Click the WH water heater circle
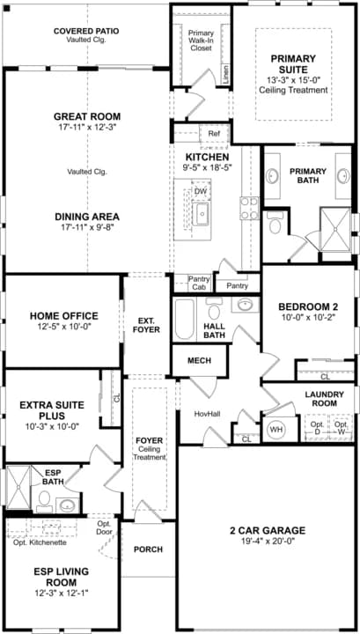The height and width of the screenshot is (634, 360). pyautogui.click(x=276, y=430)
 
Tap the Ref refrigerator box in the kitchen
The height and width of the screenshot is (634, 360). pyautogui.click(x=214, y=134)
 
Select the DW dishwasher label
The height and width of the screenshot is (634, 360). pyautogui.click(x=200, y=191)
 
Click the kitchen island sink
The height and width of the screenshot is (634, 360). pyautogui.click(x=201, y=213)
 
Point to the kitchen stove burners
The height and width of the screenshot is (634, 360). pyautogui.click(x=250, y=208)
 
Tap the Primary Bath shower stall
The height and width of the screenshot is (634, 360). pyautogui.click(x=335, y=230)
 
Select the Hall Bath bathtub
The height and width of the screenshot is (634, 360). pyautogui.click(x=185, y=319)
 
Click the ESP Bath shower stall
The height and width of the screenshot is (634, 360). pyautogui.click(x=18, y=489)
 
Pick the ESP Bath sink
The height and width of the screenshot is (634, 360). pyautogui.click(x=67, y=505)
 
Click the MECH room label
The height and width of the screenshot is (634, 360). pyautogui.click(x=199, y=360)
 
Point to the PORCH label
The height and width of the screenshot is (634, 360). pyautogui.click(x=148, y=549)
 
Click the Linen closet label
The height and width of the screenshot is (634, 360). pyautogui.click(x=226, y=75)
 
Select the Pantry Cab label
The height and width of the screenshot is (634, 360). pyautogui.click(x=199, y=283)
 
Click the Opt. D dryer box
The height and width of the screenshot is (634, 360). pyautogui.click(x=316, y=428)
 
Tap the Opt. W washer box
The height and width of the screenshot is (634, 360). pyautogui.click(x=342, y=428)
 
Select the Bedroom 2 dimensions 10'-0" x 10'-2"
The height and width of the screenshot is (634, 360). pyautogui.click(x=309, y=318)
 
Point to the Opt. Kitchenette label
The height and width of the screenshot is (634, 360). pyautogui.click(x=40, y=542)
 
